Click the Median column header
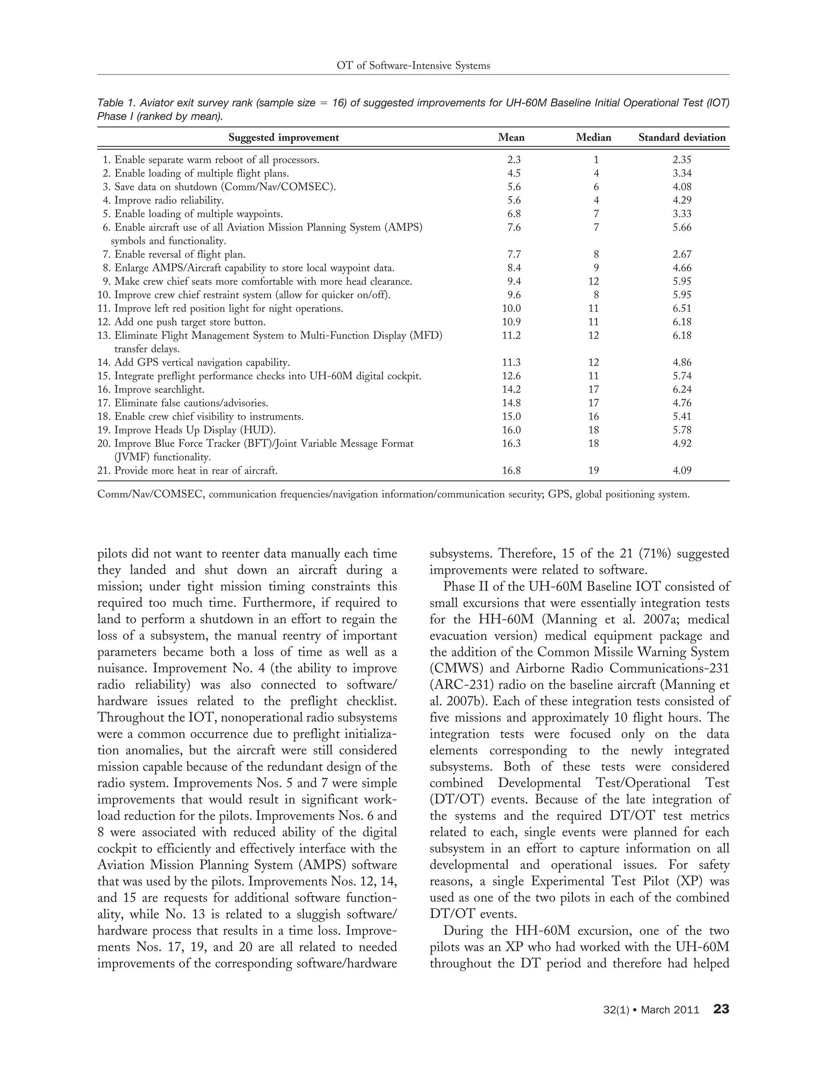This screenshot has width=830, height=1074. tap(593, 138)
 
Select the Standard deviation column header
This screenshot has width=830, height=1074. tap(682, 138)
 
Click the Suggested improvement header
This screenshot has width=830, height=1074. tap(284, 138)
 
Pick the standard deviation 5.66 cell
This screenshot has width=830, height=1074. tap(682, 227)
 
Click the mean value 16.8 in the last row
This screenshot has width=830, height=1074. tap(511, 471)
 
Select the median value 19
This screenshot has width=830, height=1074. tap(593, 471)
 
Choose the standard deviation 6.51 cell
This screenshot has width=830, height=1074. tap(682, 308)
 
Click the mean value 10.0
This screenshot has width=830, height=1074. tap(511, 308)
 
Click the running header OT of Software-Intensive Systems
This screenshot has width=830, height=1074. tap(413, 65)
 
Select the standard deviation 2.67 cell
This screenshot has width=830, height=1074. tap(682, 254)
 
